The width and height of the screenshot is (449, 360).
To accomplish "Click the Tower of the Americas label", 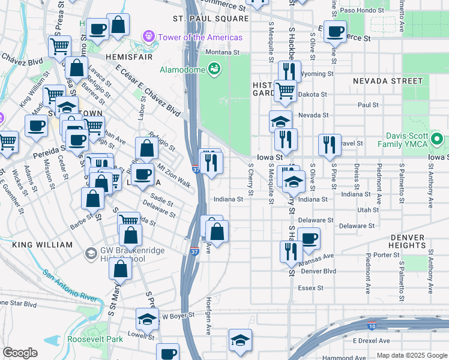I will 200,37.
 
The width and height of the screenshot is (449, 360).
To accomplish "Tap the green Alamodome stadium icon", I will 214,69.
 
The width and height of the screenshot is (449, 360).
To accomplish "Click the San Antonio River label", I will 70,285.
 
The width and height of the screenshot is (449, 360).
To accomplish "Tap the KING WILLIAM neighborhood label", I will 41,245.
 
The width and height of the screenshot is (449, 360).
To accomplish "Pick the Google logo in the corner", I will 20,353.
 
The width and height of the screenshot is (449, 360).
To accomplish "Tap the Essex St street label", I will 312,288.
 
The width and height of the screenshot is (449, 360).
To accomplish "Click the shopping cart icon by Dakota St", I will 285,91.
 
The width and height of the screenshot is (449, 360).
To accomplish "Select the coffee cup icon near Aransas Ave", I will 309,238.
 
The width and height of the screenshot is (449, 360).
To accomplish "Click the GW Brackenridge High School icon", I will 91,253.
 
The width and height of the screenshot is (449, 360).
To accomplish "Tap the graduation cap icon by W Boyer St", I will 147,320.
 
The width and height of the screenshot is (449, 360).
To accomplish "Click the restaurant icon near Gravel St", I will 330,144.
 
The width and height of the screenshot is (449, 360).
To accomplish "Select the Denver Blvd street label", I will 318,271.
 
